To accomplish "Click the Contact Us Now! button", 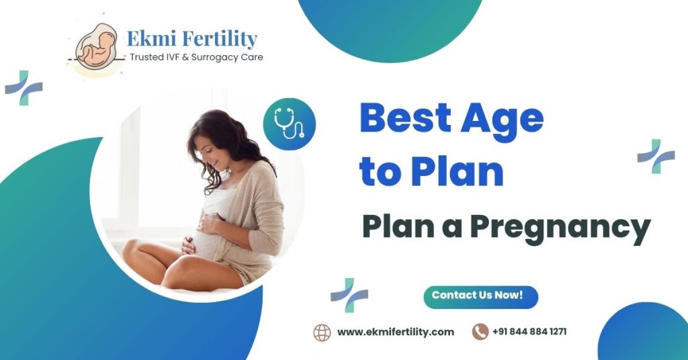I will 480,296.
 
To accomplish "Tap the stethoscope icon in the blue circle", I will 289,124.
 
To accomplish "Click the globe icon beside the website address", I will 322,332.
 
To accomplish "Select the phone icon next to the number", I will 480,332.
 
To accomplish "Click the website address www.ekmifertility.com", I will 395,332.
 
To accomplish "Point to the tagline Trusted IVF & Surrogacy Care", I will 196,58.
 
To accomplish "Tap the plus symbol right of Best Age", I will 656,156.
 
